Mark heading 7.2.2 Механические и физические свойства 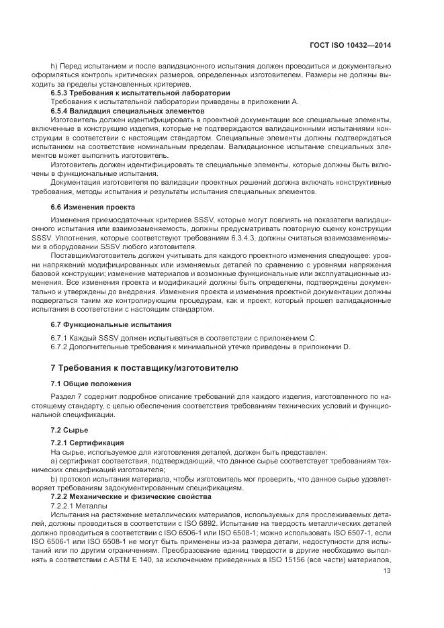click(x=131, y=496)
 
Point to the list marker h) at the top click(x=54, y=66)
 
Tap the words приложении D click(x=324, y=347)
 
